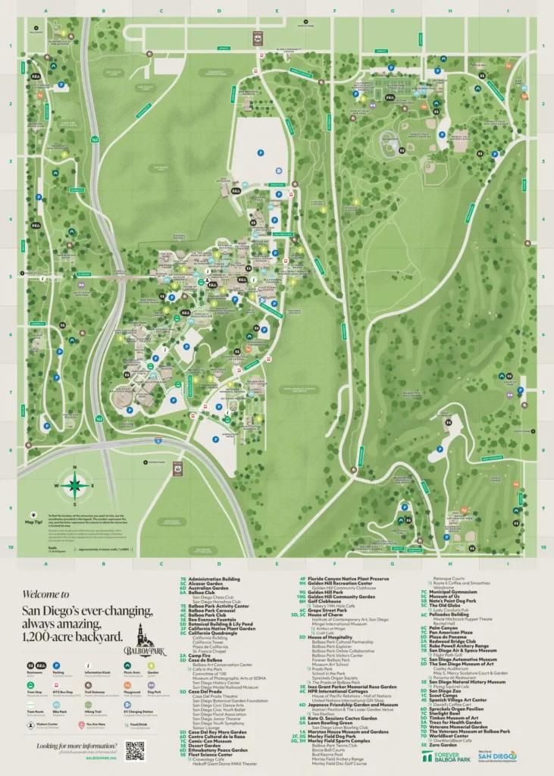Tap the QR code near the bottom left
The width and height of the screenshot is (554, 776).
click(134, 749)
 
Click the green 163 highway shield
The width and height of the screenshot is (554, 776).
click(93, 139)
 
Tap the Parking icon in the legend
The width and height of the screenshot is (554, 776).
click(57, 665)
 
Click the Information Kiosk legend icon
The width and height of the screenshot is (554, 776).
click(86, 665)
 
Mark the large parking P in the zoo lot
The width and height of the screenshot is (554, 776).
click(259, 152)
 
